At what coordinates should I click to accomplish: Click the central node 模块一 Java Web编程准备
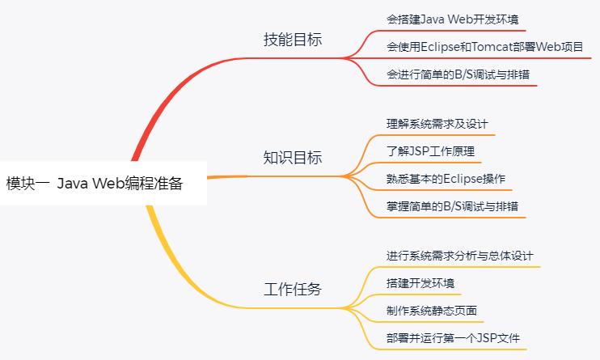coord(95,184)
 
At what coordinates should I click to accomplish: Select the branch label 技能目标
coord(293,40)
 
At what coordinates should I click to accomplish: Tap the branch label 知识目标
coord(293,158)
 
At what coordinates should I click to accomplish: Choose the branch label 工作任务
coord(293,290)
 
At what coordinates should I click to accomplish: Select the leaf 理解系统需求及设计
coord(437,125)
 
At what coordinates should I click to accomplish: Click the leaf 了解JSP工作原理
coord(429,151)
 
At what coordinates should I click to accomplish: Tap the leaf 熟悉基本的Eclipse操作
coord(446,179)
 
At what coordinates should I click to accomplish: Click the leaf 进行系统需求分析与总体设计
coord(459,256)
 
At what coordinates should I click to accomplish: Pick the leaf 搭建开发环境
coord(420,283)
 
